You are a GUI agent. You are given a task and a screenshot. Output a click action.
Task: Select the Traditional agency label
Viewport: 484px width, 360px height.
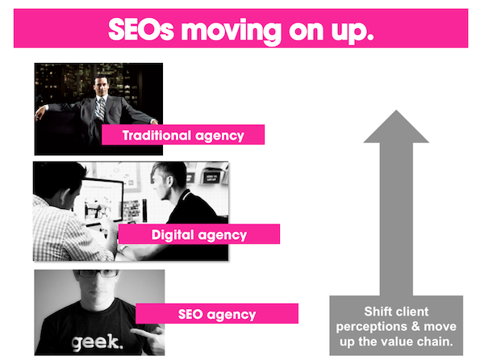coord(182,136)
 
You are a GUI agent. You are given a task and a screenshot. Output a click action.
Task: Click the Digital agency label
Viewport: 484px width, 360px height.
coord(198,235)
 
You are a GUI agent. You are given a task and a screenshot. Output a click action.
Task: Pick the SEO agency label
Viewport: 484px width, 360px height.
coord(216,314)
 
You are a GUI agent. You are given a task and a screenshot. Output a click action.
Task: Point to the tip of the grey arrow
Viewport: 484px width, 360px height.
coord(395,113)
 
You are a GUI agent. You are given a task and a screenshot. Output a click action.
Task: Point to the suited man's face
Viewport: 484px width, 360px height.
coord(102,85)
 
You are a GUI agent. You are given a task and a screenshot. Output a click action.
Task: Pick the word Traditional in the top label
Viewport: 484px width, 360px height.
coord(156,136)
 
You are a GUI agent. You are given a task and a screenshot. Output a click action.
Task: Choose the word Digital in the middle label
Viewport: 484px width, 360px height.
coord(173,235)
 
